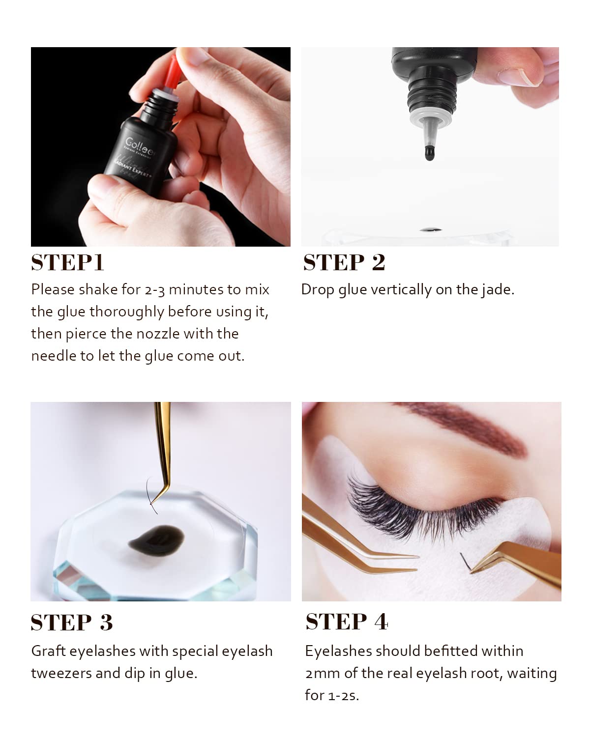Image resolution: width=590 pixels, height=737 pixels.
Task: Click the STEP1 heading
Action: [67, 262]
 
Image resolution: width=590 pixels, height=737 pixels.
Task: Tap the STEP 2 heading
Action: [344, 262]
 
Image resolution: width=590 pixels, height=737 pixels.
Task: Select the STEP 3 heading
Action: [72, 623]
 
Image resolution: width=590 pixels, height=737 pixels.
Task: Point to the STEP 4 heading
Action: [347, 622]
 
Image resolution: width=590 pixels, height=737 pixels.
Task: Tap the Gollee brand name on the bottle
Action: [140, 147]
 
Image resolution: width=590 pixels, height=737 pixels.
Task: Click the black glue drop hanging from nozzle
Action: [429, 153]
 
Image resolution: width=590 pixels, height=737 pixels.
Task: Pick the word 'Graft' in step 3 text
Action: [48, 651]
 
